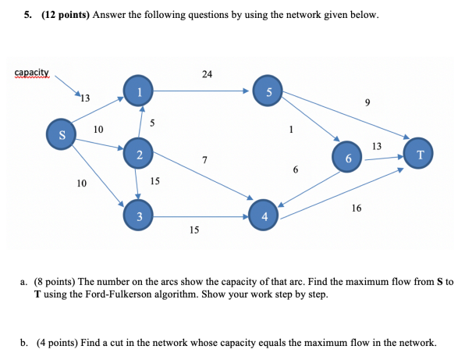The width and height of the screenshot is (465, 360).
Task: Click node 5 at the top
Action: (x=268, y=93)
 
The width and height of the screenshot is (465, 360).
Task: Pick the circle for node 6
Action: (x=347, y=156)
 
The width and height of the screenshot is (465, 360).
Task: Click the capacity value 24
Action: (x=206, y=74)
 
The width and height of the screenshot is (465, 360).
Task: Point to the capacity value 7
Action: (x=204, y=160)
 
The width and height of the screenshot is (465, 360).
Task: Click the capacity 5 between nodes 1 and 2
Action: (x=153, y=122)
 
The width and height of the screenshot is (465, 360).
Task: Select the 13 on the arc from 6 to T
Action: (x=377, y=146)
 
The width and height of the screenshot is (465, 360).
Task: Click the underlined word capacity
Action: (x=31, y=73)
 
